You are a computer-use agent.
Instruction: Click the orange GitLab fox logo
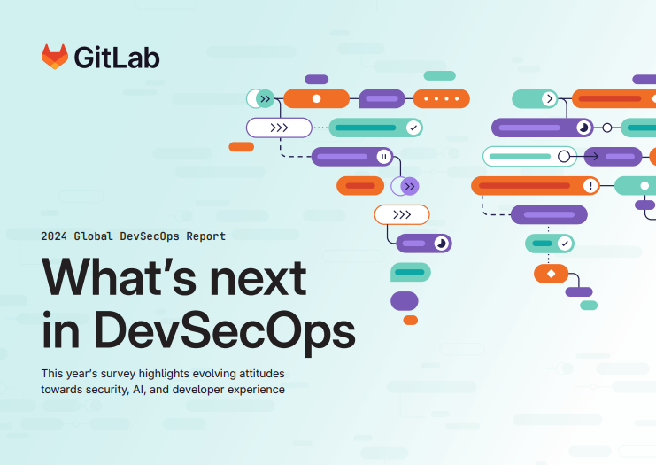tap(55, 58)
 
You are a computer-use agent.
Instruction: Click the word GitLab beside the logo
tap(117, 58)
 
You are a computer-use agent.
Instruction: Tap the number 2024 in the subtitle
tap(54, 236)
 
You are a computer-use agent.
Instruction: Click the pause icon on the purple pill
tap(383, 157)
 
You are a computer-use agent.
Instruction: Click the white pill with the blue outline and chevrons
tap(279, 128)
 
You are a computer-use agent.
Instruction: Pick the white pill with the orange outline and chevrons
tap(401, 214)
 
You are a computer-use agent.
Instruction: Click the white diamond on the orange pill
tap(551, 274)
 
